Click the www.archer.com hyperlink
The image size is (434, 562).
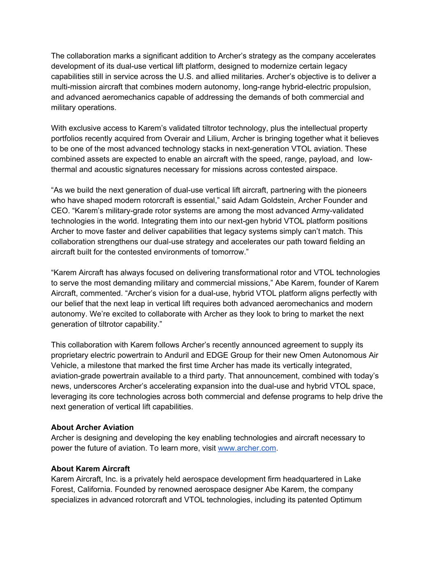[x=247, y=448]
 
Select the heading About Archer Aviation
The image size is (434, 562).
[x=92, y=427]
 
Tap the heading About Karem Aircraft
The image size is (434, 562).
[x=90, y=469]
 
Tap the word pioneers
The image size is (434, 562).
[x=350, y=190]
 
